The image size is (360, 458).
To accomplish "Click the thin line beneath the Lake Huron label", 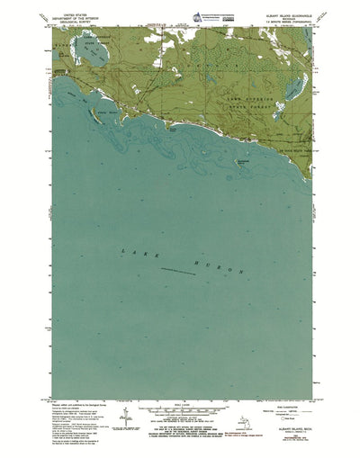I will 184,270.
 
